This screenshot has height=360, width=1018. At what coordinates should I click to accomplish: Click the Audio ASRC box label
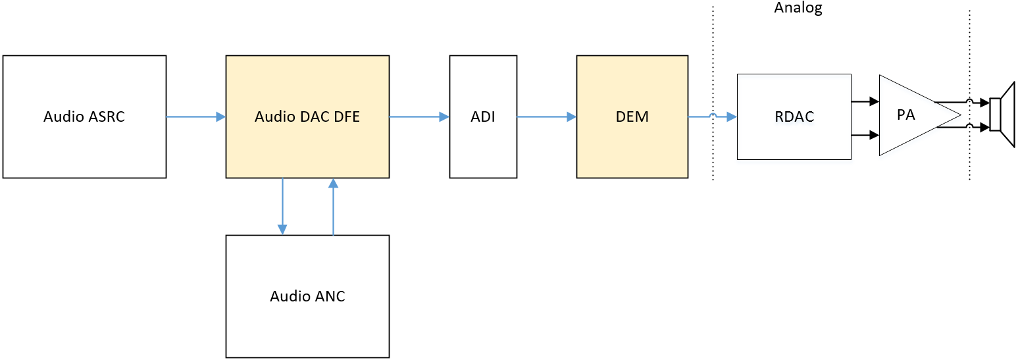[x=84, y=117]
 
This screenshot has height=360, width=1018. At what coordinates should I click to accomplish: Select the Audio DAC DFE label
[x=307, y=117]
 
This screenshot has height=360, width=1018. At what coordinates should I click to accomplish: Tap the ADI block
[x=483, y=117]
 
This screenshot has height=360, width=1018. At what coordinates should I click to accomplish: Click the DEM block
[x=632, y=117]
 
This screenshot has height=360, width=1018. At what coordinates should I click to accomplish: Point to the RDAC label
[x=794, y=117]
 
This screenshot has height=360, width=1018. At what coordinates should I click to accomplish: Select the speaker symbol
[x=1003, y=115]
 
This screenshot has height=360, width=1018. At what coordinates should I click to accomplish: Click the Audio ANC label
[x=307, y=296]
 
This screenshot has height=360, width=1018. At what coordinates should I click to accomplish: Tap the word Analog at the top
[x=798, y=8]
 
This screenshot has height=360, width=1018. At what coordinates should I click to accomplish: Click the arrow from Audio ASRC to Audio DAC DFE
[x=195, y=117]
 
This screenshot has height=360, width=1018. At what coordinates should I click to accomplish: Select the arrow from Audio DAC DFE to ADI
[x=419, y=117]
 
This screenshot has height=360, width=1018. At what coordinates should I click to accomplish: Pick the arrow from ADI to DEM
[x=547, y=117]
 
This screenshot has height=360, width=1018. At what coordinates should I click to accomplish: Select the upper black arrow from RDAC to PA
[x=865, y=101]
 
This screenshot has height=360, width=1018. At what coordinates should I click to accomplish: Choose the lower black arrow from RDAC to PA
[x=865, y=135]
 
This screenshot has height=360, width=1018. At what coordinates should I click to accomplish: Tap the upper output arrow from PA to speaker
[x=961, y=102]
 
